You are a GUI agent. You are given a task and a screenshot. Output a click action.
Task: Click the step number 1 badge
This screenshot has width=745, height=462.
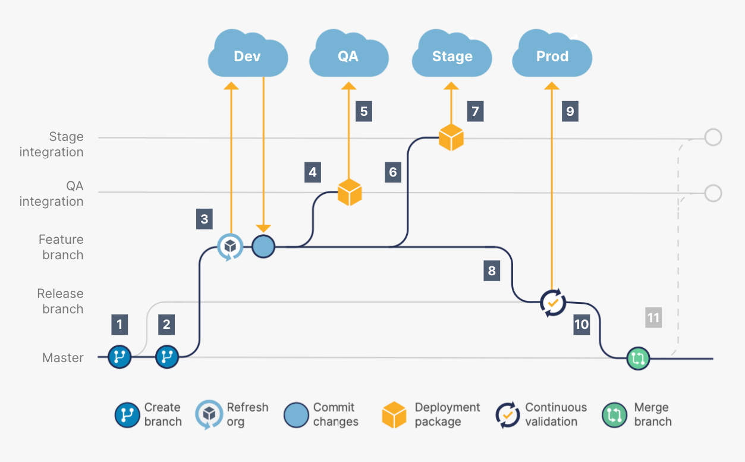tap(120, 325)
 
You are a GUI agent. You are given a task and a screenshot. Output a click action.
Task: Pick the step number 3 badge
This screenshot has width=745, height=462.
tap(204, 219)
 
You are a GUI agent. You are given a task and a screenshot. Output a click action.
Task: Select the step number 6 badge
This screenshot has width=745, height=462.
tap(392, 172)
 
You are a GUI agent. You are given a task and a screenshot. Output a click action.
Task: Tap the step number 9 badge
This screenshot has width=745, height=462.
tap(570, 111)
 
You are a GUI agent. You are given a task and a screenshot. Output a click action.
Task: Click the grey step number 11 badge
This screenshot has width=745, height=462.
tap(653, 318)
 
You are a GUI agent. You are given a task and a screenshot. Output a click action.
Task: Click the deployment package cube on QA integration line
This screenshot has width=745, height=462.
tap(350, 192)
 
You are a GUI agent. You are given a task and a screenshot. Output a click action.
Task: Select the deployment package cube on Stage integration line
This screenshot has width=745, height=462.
tap(451, 137)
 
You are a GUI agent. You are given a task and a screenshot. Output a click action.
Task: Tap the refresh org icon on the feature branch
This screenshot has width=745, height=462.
tap(230, 246)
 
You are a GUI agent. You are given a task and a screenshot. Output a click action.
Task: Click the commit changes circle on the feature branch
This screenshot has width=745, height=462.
tap(263, 246)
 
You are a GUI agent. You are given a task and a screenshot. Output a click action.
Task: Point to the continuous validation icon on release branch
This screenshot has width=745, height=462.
tap(553, 303)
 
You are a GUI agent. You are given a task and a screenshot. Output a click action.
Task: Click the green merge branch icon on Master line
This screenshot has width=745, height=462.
tap(638, 359)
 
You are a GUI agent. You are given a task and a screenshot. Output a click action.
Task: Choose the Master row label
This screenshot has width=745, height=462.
tap(63, 358)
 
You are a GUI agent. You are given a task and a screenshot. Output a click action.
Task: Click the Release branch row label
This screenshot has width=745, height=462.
tap(60, 301)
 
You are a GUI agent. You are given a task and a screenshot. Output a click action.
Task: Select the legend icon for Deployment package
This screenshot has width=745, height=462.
tap(394, 414)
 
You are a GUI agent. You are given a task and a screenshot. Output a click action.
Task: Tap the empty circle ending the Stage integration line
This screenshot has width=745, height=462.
tap(712, 137)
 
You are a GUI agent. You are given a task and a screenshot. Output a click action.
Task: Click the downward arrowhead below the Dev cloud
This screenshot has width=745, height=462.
tap(263, 229)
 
